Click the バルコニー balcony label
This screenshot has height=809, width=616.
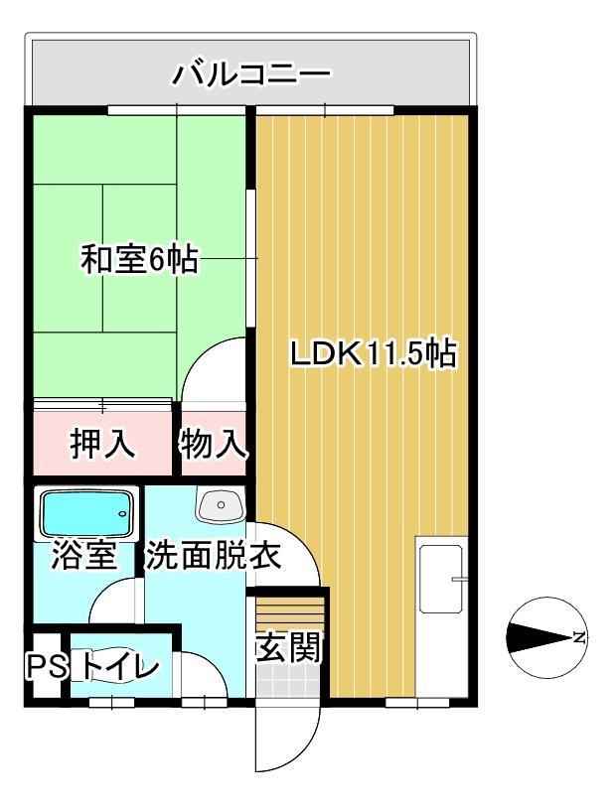[250, 73]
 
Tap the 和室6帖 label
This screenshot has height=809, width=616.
[139, 260]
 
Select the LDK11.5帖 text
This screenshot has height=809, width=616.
[373, 354]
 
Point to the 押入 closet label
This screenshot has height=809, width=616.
[102, 445]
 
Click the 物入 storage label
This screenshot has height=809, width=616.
[213, 445]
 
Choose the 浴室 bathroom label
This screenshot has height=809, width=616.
[82, 556]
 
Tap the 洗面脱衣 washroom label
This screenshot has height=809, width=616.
[213, 556]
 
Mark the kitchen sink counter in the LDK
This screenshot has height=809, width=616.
[440, 579]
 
